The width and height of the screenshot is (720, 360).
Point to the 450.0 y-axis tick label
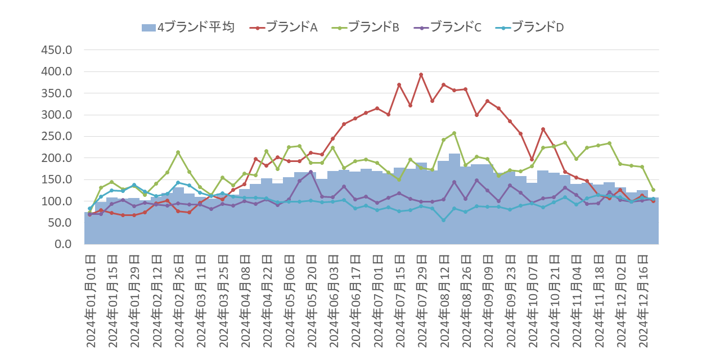point(57,50)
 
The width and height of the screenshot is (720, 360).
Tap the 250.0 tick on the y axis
point(57,136)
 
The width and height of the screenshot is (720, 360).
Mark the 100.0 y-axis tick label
point(57,201)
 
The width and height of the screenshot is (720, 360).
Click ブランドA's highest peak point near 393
point(421,75)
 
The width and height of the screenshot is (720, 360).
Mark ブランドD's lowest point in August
point(443,220)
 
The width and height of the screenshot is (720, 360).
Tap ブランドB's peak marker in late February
point(178,152)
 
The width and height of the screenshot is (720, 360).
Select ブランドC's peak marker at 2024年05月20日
point(310,172)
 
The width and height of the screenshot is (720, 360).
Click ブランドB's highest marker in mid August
point(454,133)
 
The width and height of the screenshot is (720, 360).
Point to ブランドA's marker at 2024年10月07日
point(532,160)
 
